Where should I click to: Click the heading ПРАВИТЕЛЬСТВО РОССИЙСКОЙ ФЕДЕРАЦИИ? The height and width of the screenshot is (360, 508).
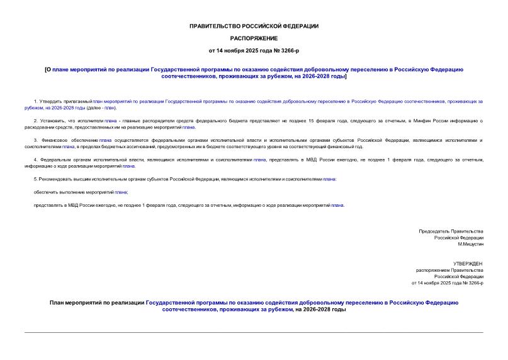pos(254,26)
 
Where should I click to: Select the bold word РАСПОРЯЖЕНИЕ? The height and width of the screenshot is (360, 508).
pos(254,38)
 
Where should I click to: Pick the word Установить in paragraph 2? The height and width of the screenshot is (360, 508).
pos(53,120)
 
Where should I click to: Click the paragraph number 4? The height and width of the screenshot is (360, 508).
pos(35,160)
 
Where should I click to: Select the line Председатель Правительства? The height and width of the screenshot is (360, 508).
pos(451,231)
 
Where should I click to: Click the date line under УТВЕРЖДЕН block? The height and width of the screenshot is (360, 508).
pos(447,283)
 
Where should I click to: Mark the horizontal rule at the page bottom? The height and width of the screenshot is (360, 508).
pos(254,332)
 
